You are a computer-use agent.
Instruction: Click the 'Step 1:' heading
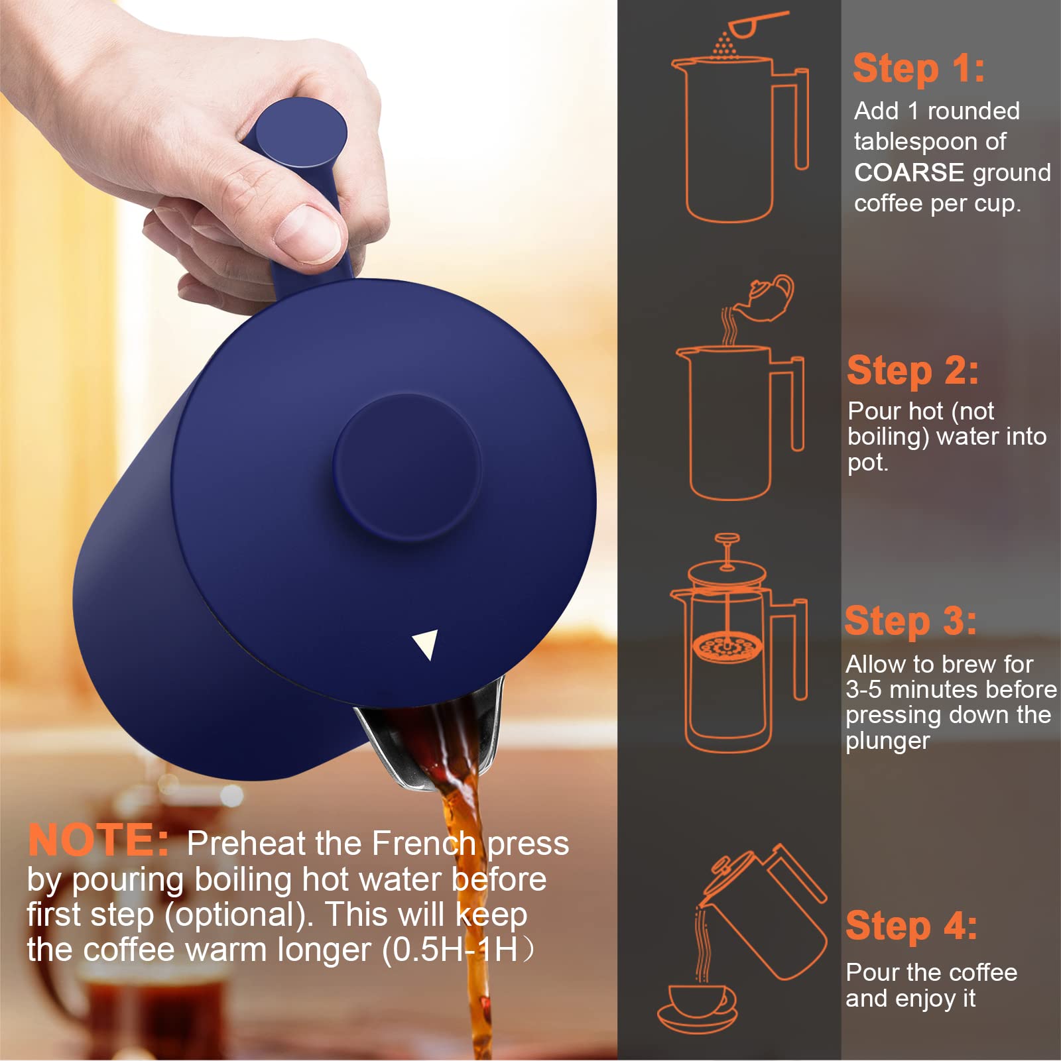[918, 68]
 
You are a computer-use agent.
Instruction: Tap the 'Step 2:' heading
[912, 370]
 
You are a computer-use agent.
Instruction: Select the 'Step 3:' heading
[910, 621]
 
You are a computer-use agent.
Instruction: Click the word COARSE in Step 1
[908, 172]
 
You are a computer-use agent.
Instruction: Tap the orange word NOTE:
[98, 840]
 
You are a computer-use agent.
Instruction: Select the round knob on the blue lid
[406, 467]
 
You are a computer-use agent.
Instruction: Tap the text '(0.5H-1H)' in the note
[458, 949]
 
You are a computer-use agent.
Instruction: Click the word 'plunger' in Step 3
[887, 741]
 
